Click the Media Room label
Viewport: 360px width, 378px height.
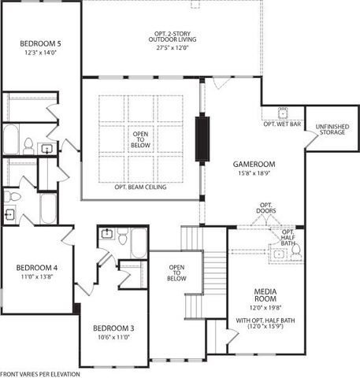[264, 296]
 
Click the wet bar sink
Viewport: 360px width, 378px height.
[284, 111]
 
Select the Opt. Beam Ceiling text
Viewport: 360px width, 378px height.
[139, 187]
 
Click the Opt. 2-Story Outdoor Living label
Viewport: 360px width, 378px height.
[171, 35]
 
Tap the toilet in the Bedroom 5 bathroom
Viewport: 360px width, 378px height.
[28, 145]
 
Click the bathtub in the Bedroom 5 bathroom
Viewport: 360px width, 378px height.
[11, 139]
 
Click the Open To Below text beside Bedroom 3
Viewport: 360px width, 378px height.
[176, 272]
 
